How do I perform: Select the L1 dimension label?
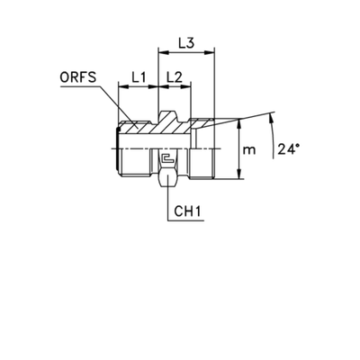[138, 79]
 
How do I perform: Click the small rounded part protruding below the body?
[166, 180]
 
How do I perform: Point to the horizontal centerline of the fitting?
[171, 142]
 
